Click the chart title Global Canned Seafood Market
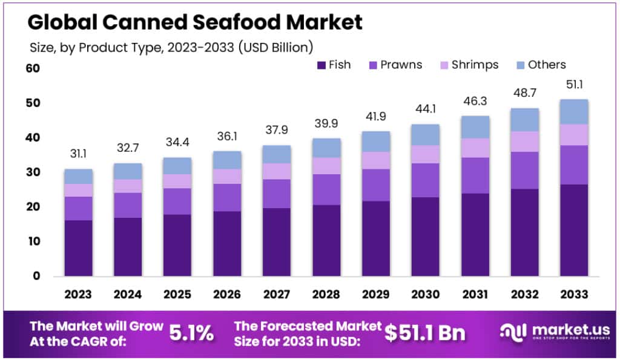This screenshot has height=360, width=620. [x=195, y=22]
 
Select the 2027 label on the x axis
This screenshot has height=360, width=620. [x=277, y=295]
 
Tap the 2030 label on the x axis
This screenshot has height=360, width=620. [x=426, y=295]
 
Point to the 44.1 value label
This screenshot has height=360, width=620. [x=426, y=111]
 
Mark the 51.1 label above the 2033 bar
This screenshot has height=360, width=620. [x=575, y=84]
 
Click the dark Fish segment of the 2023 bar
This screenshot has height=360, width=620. [x=79, y=248]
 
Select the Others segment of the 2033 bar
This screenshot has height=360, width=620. [x=574, y=112]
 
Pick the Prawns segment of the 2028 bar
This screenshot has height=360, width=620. [x=326, y=189]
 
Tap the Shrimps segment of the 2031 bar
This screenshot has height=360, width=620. [x=475, y=148]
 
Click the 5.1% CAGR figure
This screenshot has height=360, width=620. [x=191, y=332]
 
